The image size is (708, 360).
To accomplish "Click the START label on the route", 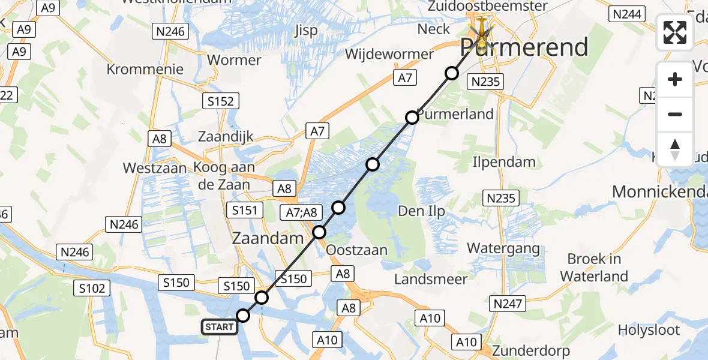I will [x=220, y=327].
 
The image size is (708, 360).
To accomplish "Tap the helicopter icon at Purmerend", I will [x=481, y=31].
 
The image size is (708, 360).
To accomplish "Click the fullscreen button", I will [x=675, y=32].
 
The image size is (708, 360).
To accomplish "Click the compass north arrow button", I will [x=675, y=149].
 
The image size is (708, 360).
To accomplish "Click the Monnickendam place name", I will [x=659, y=191].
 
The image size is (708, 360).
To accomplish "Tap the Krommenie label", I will [x=145, y=69].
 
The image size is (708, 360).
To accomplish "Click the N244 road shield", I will [x=626, y=14].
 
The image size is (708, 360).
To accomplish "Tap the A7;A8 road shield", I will [x=302, y=211].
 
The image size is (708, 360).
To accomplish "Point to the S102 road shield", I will [x=92, y=288].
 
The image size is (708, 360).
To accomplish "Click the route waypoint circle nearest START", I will [x=243, y=316].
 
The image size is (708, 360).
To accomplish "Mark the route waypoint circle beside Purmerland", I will [x=412, y=118].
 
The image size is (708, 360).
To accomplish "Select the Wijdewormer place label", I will [x=389, y=54].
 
